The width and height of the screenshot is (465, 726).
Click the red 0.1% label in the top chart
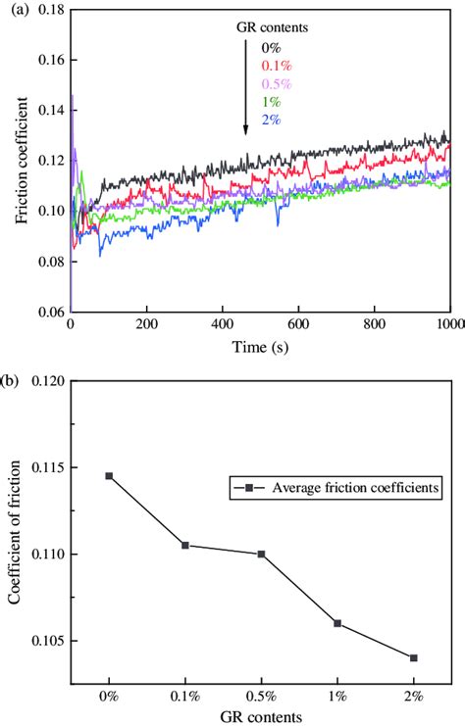[272, 65]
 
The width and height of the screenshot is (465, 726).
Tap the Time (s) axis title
[260, 346]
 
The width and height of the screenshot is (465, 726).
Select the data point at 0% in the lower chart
[109, 476]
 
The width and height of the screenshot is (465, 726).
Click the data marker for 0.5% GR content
[261, 554]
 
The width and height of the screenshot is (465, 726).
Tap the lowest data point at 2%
[413, 657]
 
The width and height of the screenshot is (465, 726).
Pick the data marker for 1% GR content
[336, 623]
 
